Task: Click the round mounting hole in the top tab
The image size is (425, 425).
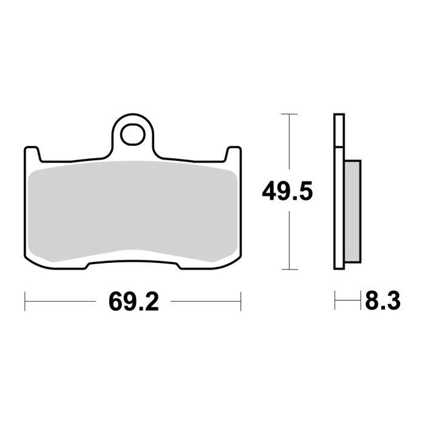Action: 132,135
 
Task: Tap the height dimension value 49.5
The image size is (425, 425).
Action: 287,192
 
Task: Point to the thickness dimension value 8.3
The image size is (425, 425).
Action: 383,301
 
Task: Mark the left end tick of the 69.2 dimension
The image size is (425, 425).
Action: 25,301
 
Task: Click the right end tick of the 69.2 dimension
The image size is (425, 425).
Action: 241,301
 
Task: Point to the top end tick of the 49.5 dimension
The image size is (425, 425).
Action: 290,114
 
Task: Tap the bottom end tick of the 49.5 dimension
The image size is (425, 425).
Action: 290,269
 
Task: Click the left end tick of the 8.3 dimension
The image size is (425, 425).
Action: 335,301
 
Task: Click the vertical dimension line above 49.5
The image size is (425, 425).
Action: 290,146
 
